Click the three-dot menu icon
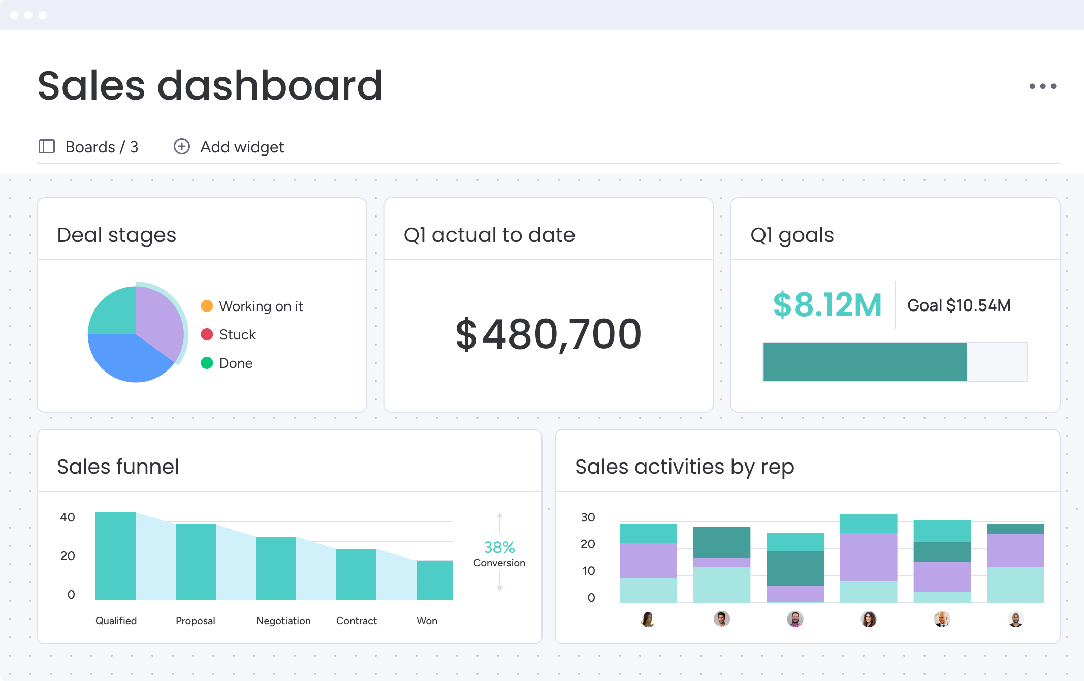click(x=1042, y=86)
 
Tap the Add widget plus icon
click(x=182, y=146)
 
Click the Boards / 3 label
click(x=102, y=147)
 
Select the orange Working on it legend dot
click(x=207, y=306)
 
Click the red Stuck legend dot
click(x=207, y=334)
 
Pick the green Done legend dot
click(x=207, y=363)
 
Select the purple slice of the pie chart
click(x=160, y=320)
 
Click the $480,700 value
click(x=549, y=334)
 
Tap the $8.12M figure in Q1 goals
click(x=827, y=305)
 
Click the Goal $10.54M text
click(x=959, y=305)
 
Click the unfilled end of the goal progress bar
click(x=997, y=362)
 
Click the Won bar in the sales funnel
click(x=434, y=580)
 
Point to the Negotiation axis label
click(x=283, y=621)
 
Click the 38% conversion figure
click(x=499, y=547)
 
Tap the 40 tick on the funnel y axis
click(x=67, y=517)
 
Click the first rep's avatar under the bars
click(x=648, y=619)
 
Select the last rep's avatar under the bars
click(x=1015, y=619)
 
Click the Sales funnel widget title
click(x=118, y=467)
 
